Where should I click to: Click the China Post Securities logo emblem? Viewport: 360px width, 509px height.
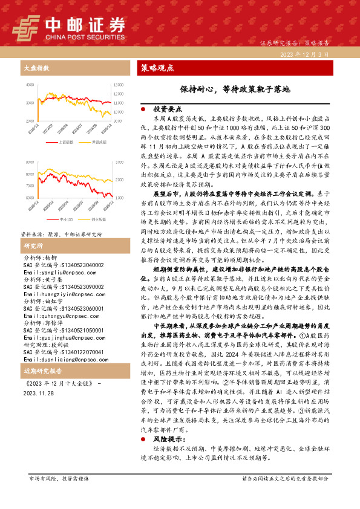[x=25, y=27]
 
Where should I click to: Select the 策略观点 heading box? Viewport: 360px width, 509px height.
[x=158, y=67]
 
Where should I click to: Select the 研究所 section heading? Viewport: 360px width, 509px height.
[x=33, y=246]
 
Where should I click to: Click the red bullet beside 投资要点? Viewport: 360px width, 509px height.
[x=143, y=109]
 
